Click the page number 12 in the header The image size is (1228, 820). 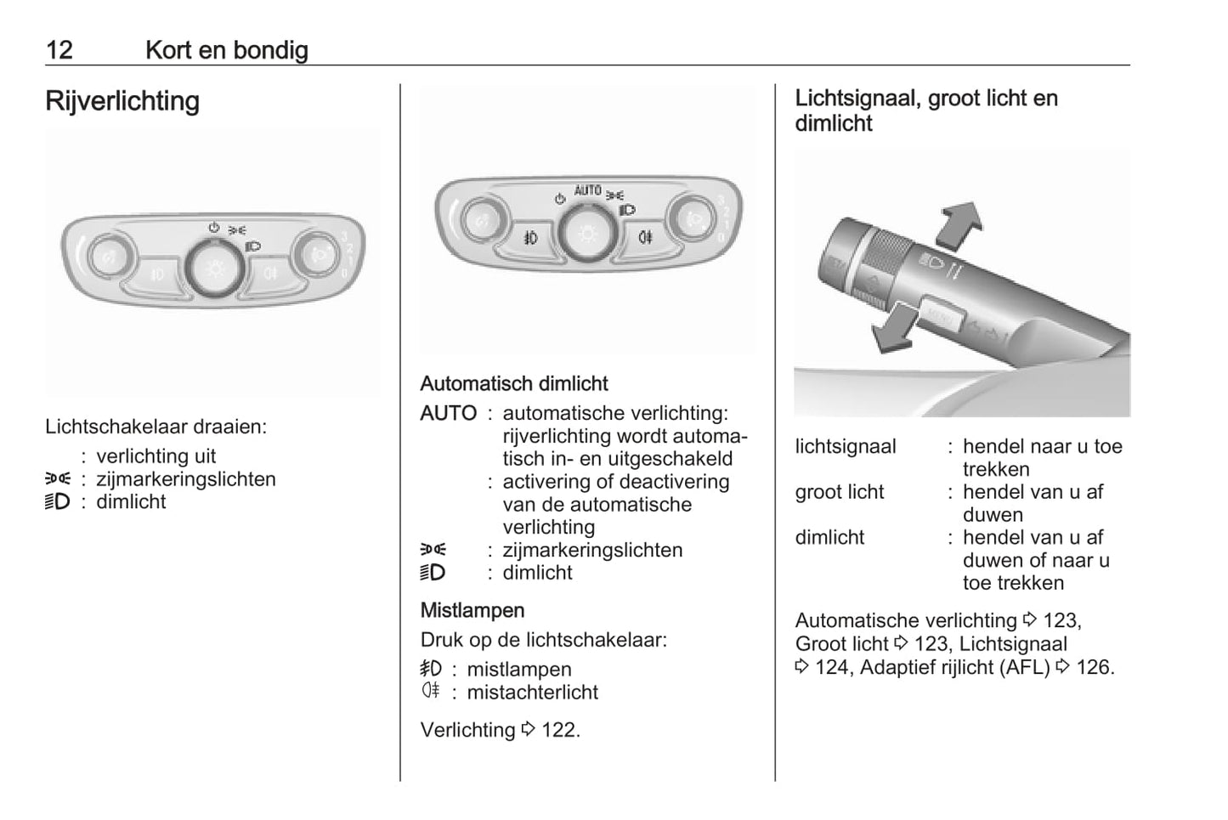click(x=59, y=50)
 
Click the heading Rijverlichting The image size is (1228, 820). click(x=122, y=101)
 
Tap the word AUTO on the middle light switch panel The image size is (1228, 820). click(x=587, y=190)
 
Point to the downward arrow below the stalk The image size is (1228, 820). click(x=896, y=329)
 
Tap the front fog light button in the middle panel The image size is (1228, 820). click(x=531, y=238)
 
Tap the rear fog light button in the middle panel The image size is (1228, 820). click(x=645, y=237)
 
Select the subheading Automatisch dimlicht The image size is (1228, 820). click(x=514, y=384)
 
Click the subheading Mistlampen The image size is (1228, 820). click(x=472, y=610)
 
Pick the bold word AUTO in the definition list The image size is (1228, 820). click(x=448, y=414)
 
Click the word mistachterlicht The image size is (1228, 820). click(x=532, y=693)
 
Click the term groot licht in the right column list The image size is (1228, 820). click(x=839, y=492)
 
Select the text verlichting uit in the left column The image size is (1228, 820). click(x=156, y=456)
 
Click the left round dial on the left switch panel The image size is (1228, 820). click(x=110, y=257)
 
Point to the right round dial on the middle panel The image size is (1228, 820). click(x=693, y=220)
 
